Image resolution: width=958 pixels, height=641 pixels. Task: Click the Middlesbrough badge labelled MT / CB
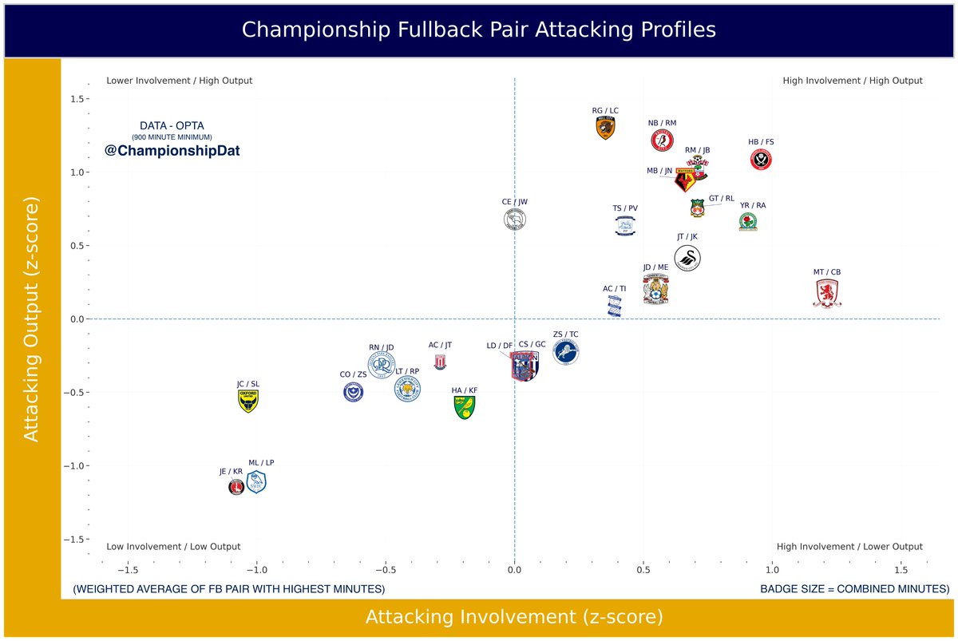(826, 294)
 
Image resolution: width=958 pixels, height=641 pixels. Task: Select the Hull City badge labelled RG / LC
(605, 128)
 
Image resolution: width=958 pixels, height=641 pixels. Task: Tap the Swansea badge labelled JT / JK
(688, 259)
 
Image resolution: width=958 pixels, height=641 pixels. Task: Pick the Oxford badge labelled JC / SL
(249, 401)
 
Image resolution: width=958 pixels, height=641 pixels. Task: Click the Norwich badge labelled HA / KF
(463, 408)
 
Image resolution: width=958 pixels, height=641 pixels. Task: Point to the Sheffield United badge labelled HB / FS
(762, 160)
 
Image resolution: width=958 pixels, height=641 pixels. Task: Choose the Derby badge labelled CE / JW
(515, 220)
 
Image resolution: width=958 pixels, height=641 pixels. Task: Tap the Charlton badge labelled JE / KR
(236, 486)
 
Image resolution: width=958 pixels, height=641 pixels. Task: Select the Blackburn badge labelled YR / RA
(747, 223)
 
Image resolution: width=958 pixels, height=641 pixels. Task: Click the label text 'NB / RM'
(662, 123)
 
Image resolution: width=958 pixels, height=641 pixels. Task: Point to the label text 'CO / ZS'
(353, 374)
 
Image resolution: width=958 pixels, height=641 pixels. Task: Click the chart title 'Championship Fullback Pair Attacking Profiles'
(478, 30)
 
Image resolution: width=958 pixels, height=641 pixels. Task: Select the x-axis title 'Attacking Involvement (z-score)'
(514, 617)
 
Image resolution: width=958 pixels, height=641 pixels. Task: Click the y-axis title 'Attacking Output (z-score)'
(31, 319)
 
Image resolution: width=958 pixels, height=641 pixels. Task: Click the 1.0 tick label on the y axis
(77, 172)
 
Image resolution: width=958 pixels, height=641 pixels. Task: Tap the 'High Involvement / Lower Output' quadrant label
(849, 547)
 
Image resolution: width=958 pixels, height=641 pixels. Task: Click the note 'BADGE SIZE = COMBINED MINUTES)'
(854, 589)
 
